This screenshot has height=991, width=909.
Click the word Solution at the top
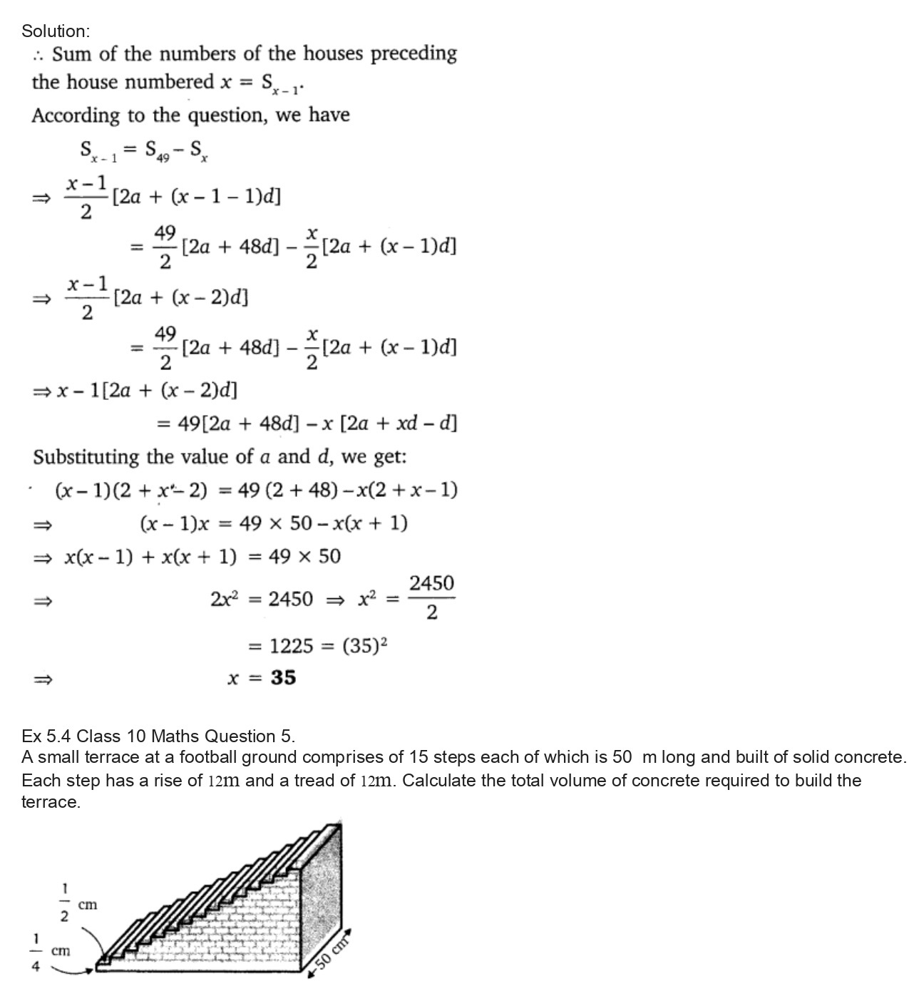point(54,31)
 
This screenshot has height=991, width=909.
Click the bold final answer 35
point(283,677)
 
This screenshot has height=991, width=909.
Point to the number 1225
point(291,646)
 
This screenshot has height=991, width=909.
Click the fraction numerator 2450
point(431,583)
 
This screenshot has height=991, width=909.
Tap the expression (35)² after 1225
point(364,646)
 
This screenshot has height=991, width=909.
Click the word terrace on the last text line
point(49,802)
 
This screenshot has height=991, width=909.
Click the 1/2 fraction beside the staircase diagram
point(64,902)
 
